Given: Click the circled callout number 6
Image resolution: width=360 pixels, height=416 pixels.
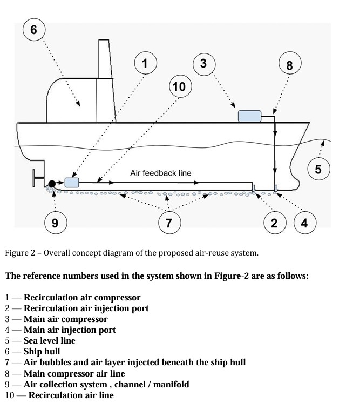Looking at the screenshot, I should tap(33, 29).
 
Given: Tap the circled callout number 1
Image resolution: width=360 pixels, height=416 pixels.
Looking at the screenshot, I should tap(144, 64).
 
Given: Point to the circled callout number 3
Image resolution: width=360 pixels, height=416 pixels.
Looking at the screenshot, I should tap(203, 64).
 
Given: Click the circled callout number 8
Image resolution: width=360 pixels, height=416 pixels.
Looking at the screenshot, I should tap(289, 66).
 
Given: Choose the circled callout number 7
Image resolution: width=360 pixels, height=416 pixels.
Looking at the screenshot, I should tap(169, 222).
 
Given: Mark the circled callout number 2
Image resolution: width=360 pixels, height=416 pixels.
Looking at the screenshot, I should tap(274, 222).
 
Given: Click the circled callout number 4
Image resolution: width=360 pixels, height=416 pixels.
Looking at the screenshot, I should tap(304, 222).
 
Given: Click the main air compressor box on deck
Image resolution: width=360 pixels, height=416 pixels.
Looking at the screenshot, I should tap(249, 116).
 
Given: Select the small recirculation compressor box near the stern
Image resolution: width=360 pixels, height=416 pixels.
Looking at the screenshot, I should tap(72, 182).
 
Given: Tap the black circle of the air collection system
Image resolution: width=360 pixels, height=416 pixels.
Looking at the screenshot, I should tap(52, 184).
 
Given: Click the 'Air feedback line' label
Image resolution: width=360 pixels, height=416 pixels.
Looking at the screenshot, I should tap(160, 173).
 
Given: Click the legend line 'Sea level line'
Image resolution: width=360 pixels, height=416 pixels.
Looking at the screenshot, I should tap(49, 340).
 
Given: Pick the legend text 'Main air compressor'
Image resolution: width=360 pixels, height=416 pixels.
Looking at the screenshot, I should tap(65, 319).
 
